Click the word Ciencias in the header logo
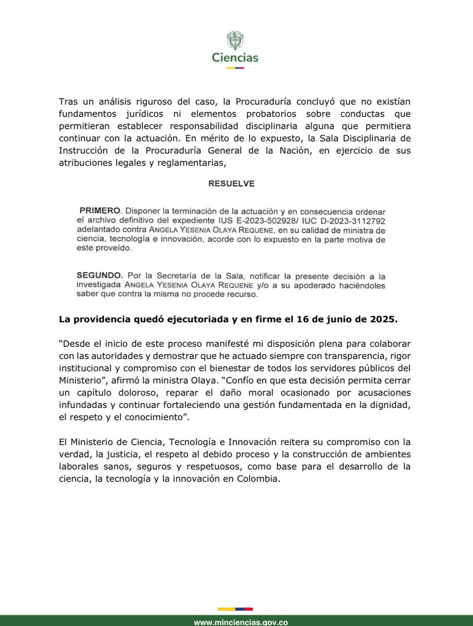click(235, 58)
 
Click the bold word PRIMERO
click(100, 211)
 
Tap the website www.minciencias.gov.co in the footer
click(241, 622)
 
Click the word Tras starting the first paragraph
click(69, 100)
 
